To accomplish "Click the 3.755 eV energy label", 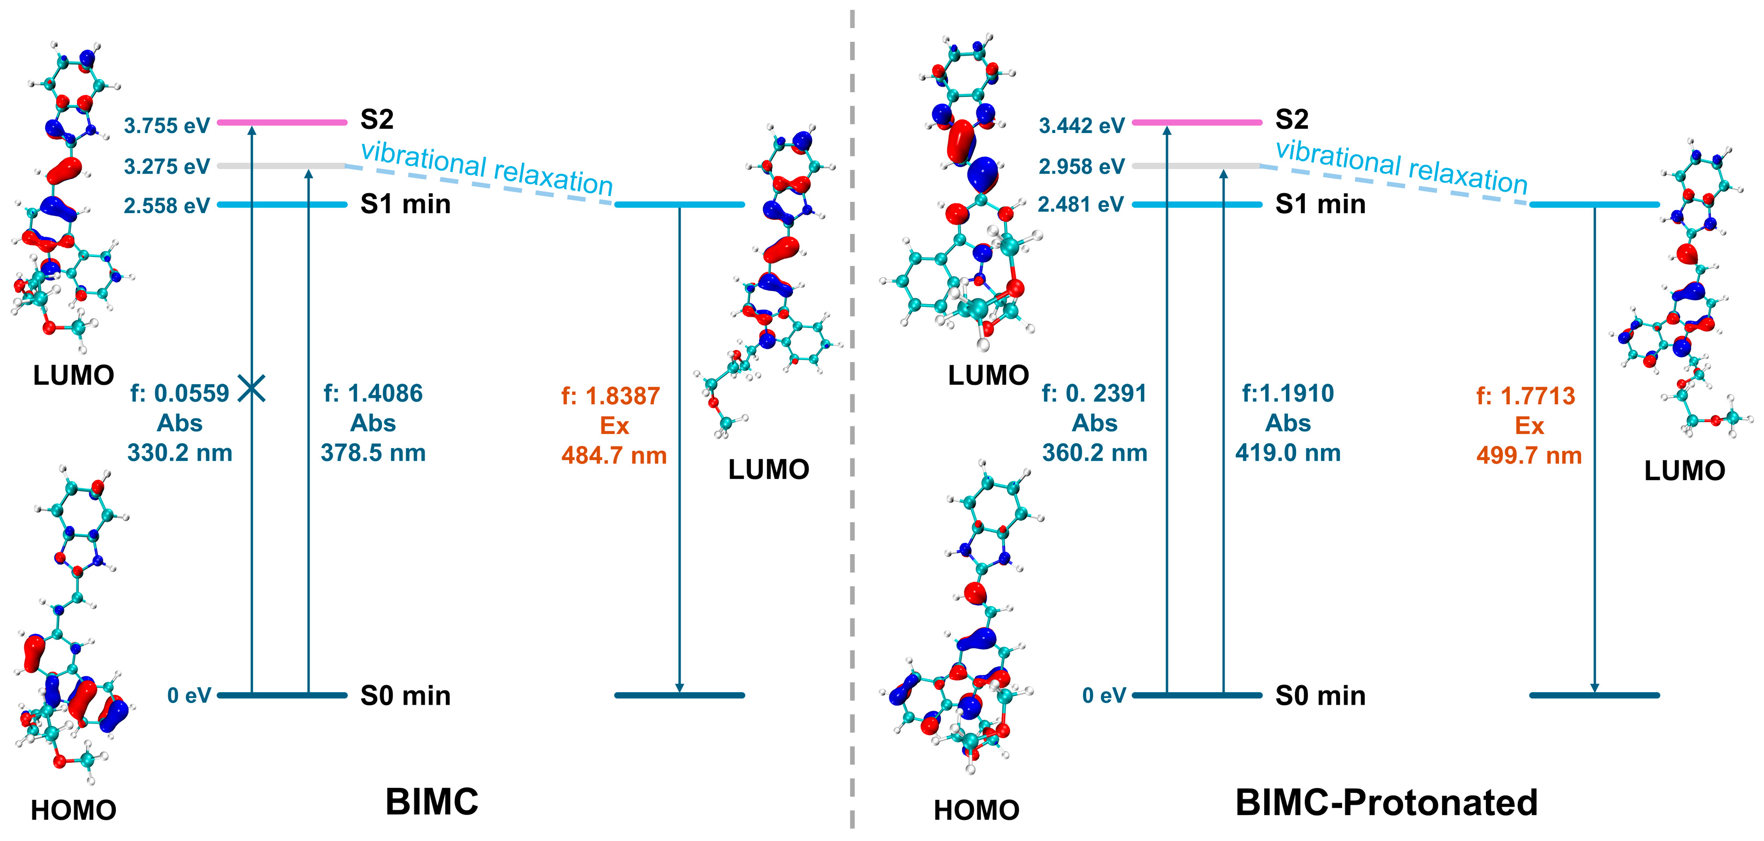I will pos(167,126).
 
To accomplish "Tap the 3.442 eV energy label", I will pos(1081,126).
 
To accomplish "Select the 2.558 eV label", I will pos(167,206).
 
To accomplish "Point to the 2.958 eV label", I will pos(1081,167).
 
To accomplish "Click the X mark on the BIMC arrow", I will pos(252,389).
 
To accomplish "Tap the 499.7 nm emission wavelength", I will pos(1529,456).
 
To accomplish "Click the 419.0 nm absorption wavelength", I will pos(1287,452).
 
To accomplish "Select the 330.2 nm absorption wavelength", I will pos(180,452).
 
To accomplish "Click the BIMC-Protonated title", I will pos(1386,803).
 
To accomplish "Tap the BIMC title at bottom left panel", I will pos(432,801).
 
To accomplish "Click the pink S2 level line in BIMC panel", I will pos(282,123).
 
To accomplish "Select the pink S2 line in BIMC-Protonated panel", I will pos(1197,123).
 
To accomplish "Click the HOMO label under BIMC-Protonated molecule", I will pos(976,810).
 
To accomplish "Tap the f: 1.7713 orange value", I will pos(1525,396).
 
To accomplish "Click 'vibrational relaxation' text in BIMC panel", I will pos(486,168).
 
